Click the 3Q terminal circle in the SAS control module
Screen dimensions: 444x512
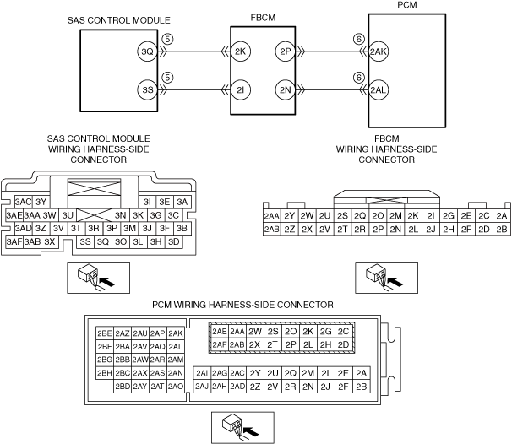[148, 51]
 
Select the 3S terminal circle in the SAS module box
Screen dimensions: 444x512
[148, 89]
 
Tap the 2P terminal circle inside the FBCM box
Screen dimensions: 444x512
[283, 51]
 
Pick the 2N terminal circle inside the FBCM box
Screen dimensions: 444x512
[283, 89]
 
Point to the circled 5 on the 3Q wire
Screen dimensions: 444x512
[167, 39]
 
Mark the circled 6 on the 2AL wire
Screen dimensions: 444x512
[358, 77]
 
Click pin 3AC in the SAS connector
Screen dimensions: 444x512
[23, 202]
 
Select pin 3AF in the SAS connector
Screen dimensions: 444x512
[14, 241]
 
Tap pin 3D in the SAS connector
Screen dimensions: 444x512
[174, 241]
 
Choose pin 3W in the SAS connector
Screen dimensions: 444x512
[50, 215]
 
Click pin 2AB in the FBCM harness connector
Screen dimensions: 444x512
[271, 229]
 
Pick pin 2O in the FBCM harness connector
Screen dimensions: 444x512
[378, 215]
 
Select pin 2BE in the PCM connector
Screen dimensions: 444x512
[105, 333]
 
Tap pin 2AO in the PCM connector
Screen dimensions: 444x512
[176, 387]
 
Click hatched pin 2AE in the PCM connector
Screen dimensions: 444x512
[219, 332]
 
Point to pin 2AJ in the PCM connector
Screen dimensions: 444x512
[202, 387]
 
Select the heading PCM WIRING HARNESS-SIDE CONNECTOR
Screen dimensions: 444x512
[242, 304]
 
